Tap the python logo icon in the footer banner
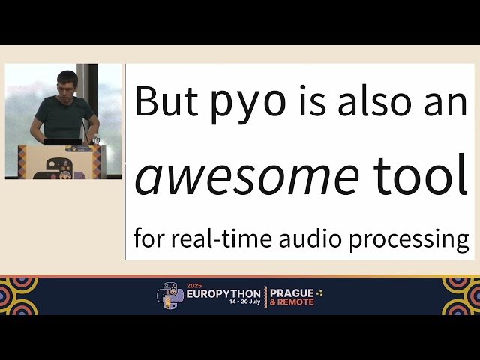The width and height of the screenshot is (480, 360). tap(170, 295)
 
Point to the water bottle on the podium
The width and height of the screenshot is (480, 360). tap(95, 139)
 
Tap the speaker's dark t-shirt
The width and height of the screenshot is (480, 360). tap(64, 116)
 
